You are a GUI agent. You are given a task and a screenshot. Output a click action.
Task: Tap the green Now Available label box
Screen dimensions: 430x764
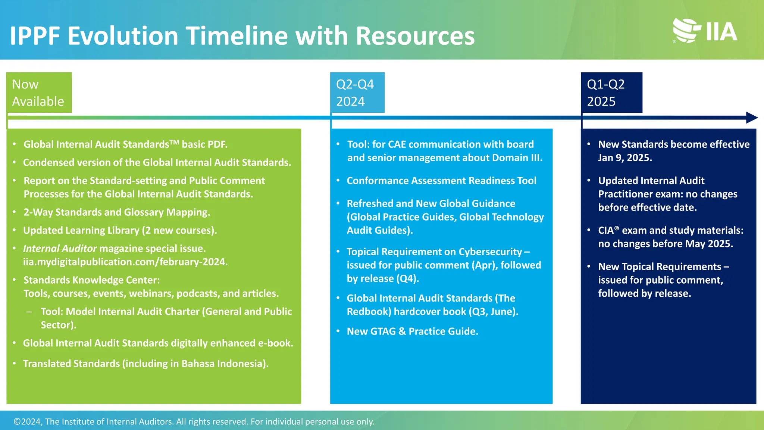(x=39, y=93)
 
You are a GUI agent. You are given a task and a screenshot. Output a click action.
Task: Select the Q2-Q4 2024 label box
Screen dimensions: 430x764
(x=357, y=93)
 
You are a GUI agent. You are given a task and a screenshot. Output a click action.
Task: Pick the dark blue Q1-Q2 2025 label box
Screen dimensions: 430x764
(x=611, y=93)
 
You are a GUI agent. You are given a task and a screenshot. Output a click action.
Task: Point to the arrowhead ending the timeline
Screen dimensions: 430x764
(x=751, y=118)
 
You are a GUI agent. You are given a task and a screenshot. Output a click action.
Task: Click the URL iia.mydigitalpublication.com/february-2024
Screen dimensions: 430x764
(x=125, y=262)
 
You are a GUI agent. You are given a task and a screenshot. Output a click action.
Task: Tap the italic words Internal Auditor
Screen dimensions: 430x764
(x=60, y=249)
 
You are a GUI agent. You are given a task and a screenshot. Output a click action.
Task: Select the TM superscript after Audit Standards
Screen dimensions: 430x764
(x=175, y=142)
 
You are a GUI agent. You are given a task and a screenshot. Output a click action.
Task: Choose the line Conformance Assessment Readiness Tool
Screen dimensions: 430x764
(x=441, y=181)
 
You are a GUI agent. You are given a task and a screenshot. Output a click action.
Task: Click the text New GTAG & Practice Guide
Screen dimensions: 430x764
(x=412, y=331)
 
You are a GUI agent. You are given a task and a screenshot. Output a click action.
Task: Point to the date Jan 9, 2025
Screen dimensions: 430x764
(x=625, y=158)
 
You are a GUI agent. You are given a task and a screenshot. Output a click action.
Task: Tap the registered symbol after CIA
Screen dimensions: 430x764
(x=617, y=228)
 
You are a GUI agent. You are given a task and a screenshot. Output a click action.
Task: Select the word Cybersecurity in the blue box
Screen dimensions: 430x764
(x=490, y=252)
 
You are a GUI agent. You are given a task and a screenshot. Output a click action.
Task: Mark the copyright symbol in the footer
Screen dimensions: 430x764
(x=17, y=422)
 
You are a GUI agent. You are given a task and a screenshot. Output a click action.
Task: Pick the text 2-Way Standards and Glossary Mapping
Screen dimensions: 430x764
(x=116, y=212)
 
